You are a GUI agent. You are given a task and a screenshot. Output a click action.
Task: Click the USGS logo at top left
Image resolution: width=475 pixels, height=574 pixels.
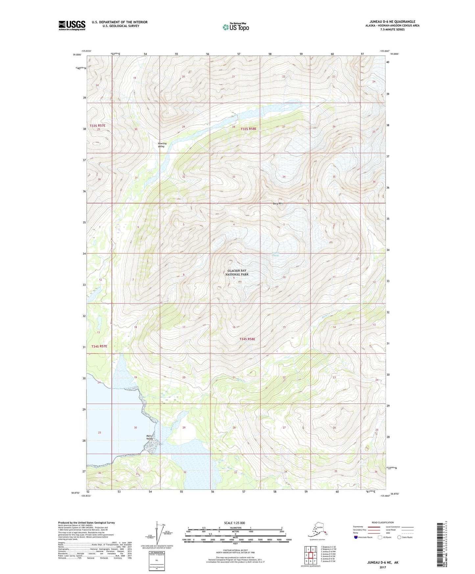pos(72,25)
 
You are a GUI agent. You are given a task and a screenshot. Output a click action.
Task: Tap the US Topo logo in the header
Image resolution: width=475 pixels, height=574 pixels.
pos(235,27)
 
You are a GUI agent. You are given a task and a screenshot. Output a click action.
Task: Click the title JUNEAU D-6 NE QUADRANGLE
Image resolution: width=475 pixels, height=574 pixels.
pos(397,22)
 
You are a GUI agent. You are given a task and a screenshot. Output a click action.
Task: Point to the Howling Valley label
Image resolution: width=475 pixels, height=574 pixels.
pos(162,145)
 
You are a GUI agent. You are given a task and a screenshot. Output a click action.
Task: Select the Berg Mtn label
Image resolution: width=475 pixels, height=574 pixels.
pos(278,203)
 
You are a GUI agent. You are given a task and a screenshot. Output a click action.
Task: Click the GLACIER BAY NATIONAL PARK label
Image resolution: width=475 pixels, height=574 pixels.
pos(238,273)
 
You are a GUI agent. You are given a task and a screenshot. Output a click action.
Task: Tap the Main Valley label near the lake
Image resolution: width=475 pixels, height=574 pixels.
pos(150,438)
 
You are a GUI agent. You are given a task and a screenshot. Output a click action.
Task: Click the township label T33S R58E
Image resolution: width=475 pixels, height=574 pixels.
pos(248,129)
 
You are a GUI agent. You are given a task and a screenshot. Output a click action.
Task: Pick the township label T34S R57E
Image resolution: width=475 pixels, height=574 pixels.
pos(99,347)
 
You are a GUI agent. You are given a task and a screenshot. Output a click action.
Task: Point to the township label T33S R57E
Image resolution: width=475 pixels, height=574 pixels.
pos(98,126)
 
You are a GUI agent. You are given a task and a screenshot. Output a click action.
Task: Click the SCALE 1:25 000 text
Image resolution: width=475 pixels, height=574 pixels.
pos(234,523)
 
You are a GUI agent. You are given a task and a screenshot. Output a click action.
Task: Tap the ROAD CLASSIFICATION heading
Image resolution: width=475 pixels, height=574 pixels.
pos(383,522)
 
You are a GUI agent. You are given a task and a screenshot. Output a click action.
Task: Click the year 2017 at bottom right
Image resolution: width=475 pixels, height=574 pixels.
pos(382,567)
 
